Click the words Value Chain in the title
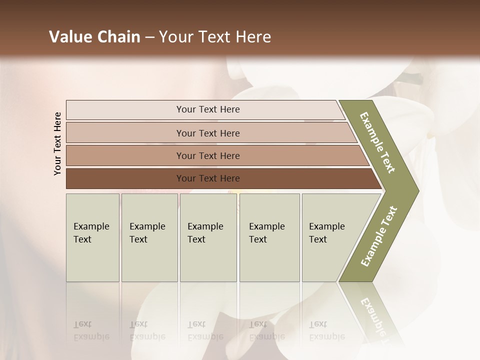click(x=94, y=37)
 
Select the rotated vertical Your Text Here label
click(x=57, y=143)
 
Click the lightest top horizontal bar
click(x=207, y=109)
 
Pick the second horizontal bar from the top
click(x=207, y=133)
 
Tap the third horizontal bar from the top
click(x=207, y=155)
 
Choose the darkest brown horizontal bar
click(x=207, y=178)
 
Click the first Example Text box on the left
click(x=92, y=237)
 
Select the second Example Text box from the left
click(x=149, y=237)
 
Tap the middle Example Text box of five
click(x=208, y=237)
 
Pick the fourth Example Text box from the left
click(x=269, y=237)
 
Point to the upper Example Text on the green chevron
click(x=377, y=142)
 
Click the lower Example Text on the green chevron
click(x=378, y=236)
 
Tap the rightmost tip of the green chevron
click(x=418, y=190)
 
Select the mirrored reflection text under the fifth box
click(x=326, y=330)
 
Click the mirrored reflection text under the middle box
click(x=205, y=330)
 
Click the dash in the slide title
click(x=149, y=37)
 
